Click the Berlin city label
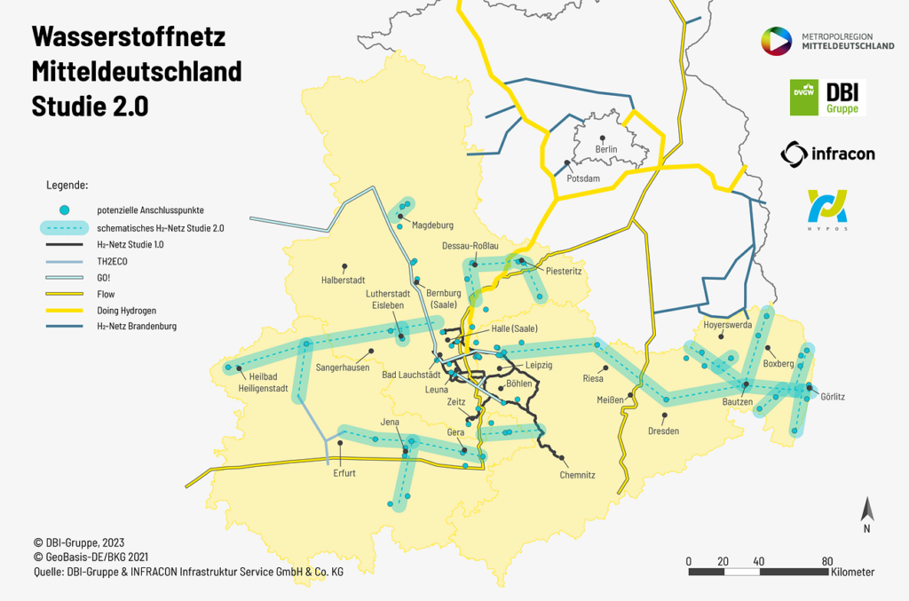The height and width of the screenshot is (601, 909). pos(606,150)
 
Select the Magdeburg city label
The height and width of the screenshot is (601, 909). pos(432,225)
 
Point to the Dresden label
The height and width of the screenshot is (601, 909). pos(663,431)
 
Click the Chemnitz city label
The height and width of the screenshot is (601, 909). pos(577,475)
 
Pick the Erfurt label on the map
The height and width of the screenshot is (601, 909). pos(344,473)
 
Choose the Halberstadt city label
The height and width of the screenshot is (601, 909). pos(344,280)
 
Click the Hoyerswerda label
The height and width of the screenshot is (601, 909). pos(727,325)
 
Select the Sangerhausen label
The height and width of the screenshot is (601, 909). pos(343,368)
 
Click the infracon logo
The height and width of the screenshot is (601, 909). pos(827,154)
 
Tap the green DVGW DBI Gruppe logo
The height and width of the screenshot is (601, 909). pos(827,97)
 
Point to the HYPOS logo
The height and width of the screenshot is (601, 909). pos(827,210)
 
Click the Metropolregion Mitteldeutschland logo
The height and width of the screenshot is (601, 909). pos(827,40)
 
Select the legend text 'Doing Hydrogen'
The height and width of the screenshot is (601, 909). pos(127,310)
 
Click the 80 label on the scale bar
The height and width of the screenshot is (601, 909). pos(826,561)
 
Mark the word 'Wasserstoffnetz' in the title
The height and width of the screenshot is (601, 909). pos(129,37)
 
